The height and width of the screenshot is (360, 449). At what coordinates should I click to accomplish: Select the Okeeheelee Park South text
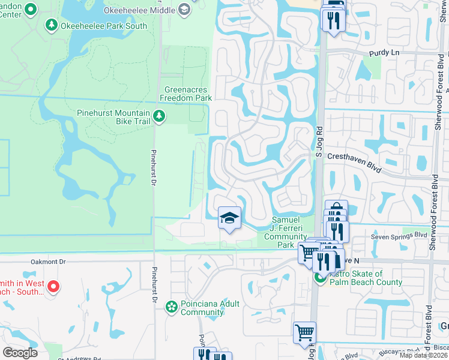tap(96, 25)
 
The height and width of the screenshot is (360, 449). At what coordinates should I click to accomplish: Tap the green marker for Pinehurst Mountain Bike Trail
tap(159, 116)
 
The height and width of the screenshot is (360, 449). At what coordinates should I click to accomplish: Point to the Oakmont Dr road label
tap(49, 262)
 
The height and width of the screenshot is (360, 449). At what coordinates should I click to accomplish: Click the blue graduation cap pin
tap(229, 218)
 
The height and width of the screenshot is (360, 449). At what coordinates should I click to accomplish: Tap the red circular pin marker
tap(53, 287)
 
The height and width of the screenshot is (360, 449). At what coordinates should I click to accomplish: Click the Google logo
tap(20, 353)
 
